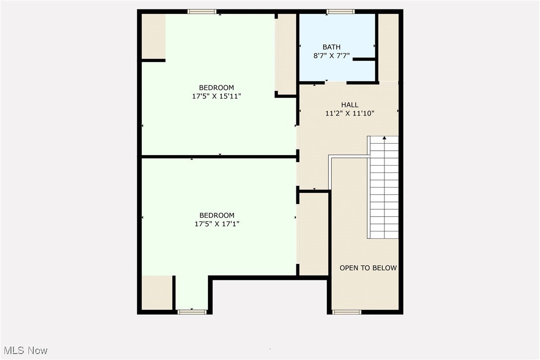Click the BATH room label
click(331, 47)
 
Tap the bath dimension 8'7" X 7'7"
click(331, 56)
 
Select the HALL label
click(350, 105)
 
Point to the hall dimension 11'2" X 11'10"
click(350, 113)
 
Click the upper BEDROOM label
click(216, 88)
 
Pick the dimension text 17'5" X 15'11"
click(216, 96)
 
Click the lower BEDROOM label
click(216, 215)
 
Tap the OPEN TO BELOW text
click(368, 268)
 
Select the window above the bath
click(341, 11)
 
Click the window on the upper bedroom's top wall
click(202, 11)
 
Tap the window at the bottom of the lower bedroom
click(192, 312)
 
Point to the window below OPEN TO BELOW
click(347, 312)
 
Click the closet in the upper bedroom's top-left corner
click(153, 36)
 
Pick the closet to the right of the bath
click(388, 47)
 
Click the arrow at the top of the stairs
click(384, 138)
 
